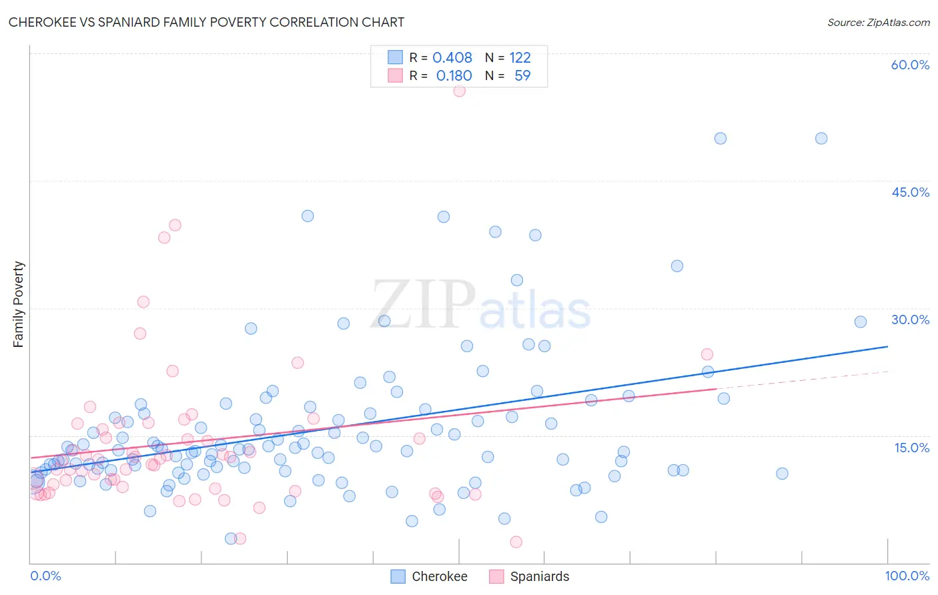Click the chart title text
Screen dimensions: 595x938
[206, 22]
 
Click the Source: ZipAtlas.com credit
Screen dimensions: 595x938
[878, 22]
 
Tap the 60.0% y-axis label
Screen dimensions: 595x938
[910, 65]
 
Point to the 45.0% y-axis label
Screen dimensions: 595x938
[910, 192]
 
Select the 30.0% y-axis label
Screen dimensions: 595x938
[910, 320]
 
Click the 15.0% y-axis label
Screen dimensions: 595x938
[911, 448]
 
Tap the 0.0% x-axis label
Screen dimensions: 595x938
[45, 576]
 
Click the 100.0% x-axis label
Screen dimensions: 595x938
[907, 576]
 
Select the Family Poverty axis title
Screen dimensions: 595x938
[19, 304]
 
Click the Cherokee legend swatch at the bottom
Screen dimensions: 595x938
[398, 576]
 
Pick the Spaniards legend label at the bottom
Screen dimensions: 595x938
[539, 576]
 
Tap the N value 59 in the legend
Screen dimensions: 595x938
[522, 76]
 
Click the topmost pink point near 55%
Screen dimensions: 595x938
[459, 91]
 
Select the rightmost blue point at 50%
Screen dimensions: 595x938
[821, 138]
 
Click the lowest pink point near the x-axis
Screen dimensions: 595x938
[516, 542]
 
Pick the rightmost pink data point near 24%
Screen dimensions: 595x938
[707, 354]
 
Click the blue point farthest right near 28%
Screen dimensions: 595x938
[861, 322]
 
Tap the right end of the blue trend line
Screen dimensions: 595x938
[887, 346]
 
